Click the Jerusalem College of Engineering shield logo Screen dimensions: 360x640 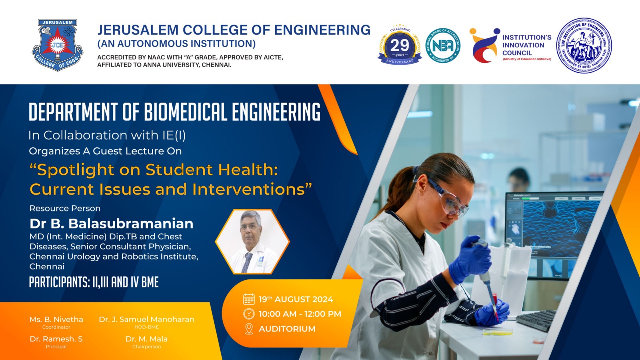point(57,45)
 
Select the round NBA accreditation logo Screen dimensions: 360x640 point(442,46)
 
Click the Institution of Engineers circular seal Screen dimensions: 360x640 point(584,45)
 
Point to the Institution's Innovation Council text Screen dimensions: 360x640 point(526,45)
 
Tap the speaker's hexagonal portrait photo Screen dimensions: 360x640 point(252,241)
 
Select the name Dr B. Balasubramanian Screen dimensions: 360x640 point(111,223)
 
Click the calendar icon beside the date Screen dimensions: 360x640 point(249,299)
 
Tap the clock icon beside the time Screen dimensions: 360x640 point(249,314)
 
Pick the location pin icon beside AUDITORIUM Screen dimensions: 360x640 point(249,329)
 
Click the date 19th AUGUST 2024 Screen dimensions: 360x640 point(296,299)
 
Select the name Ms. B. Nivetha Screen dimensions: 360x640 point(56,319)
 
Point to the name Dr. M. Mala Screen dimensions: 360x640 point(146,339)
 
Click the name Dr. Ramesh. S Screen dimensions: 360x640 point(56,339)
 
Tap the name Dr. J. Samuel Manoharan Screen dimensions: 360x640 point(146,319)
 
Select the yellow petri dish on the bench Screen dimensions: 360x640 point(497,332)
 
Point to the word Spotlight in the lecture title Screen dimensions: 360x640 point(75,170)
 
